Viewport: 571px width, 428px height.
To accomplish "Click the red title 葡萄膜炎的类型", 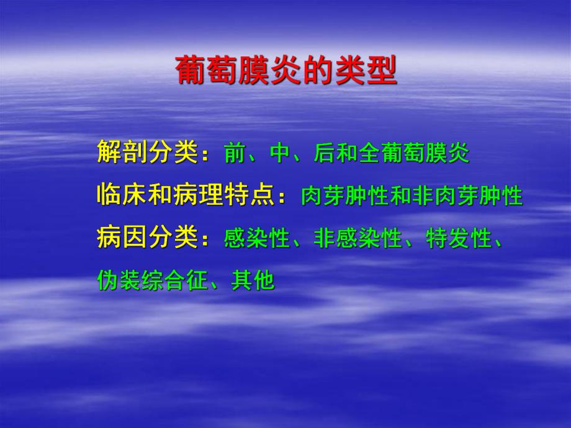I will (285, 69).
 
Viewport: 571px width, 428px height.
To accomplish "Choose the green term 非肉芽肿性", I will (467, 196).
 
